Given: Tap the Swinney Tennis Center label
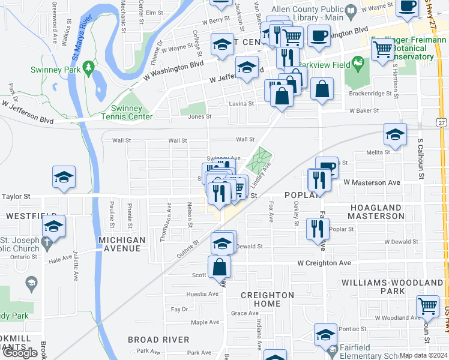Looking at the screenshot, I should click(x=122, y=112).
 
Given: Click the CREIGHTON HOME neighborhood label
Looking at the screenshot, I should click(x=267, y=299).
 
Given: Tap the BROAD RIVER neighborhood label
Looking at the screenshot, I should click(x=158, y=340).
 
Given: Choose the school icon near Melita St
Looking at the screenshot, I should click(x=395, y=135).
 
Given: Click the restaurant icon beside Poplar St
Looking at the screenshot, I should click(x=315, y=229).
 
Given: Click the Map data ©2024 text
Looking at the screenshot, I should click(x=423, y=355).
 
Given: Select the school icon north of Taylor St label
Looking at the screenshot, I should click(x=64, y=178).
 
